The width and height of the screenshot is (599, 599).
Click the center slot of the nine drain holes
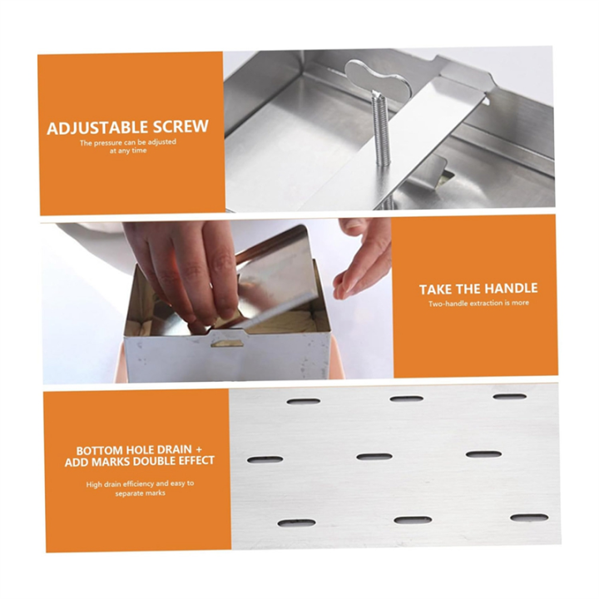[374, 457]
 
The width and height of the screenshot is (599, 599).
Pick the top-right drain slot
[509, 397]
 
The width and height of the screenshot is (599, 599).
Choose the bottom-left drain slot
[296, 523]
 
